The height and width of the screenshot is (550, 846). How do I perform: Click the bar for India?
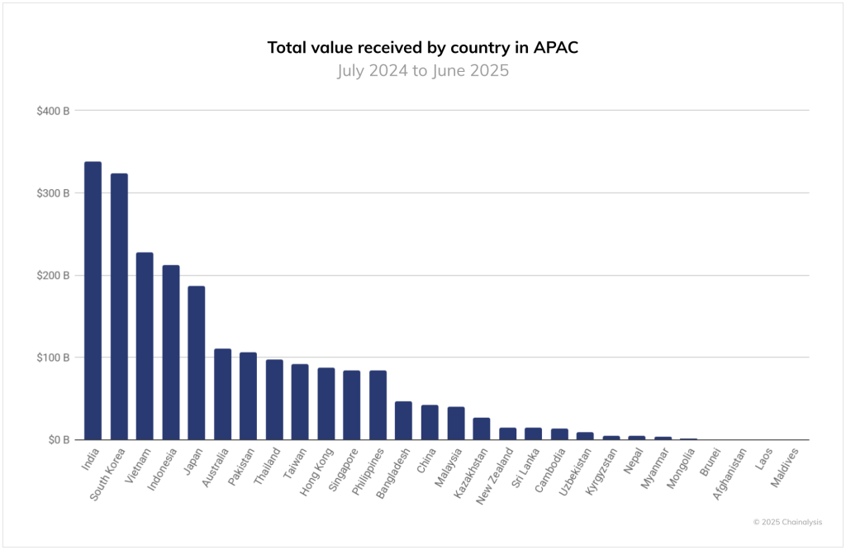point(93,301)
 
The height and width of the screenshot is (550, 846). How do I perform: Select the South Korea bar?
point(119,306)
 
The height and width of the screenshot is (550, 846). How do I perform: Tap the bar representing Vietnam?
point(145,346)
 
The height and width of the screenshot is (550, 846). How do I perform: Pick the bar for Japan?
point(196,363)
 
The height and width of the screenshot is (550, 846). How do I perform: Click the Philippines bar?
point(378,405)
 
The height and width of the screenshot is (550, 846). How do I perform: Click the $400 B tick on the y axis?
point(53,111)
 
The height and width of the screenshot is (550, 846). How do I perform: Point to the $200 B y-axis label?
point(53,275)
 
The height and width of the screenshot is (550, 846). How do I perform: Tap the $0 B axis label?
point(58,439)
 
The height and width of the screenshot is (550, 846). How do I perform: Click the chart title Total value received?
point(423,47)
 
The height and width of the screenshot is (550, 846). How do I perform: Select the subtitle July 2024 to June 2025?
point(423,71)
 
